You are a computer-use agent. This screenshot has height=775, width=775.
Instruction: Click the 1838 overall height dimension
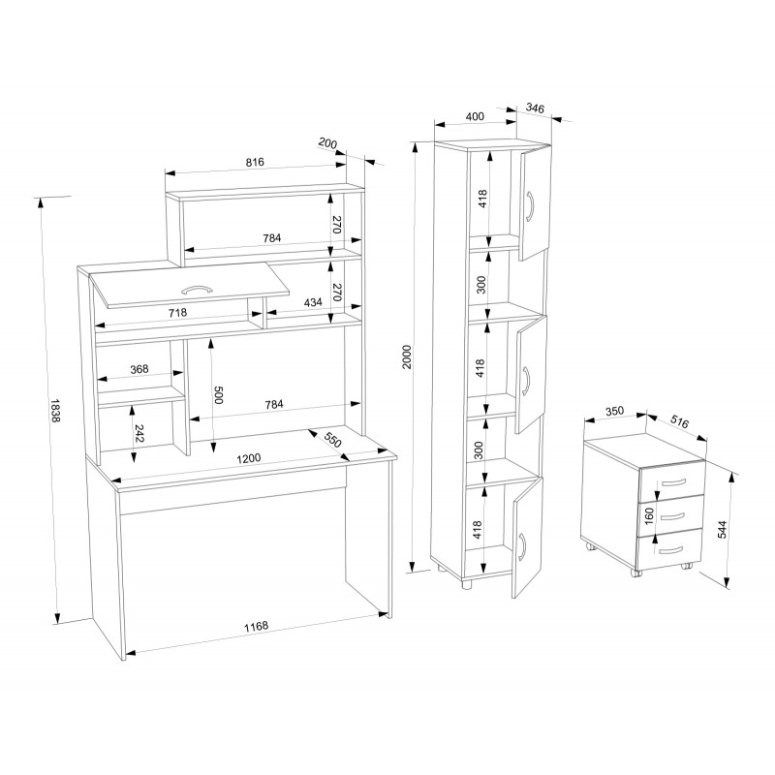[55, 410]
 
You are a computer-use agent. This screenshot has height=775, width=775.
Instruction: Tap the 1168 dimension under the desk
[256, 626]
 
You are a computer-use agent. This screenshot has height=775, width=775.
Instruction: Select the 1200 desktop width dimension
[249, 458]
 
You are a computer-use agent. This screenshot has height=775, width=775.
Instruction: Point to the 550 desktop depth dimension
[332, 439]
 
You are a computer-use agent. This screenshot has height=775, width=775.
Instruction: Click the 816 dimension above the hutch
[255, 162]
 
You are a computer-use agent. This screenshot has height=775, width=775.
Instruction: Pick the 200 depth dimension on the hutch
[327, 143]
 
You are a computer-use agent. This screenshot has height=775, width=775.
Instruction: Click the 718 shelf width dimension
[178, 312]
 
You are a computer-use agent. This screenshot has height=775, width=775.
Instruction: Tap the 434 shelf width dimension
[313, 302]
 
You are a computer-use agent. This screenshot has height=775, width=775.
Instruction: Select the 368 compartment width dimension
[139, 369]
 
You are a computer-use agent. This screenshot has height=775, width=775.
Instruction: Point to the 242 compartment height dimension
[139, 433]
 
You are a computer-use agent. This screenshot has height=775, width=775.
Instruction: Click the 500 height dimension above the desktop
[219, 395]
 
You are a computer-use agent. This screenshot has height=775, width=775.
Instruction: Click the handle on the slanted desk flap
[198, 289]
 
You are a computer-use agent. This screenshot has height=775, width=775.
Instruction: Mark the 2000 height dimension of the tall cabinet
[407, 356]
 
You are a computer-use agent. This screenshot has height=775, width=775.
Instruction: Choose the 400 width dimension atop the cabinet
[475, 116]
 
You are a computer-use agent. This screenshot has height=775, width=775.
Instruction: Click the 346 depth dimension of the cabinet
[535, 108]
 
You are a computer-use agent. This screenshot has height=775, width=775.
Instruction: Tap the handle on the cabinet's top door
[530, 205]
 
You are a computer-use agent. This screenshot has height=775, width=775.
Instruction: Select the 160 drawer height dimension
[649, 515]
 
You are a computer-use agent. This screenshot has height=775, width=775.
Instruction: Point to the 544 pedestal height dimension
[723, 529]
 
